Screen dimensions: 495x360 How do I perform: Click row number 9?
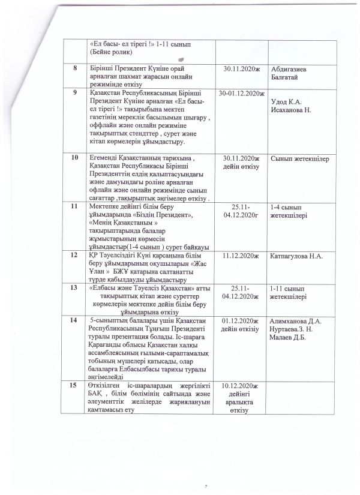point(75,93)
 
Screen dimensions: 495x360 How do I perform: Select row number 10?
point(75,157)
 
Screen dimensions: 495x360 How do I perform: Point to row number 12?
point(75,255)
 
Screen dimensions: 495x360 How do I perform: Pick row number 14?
point(75,321)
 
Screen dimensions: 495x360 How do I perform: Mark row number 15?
point(75,385)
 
